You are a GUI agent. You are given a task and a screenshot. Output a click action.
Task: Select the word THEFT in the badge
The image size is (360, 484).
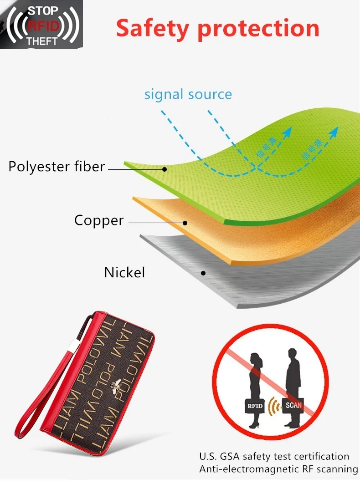click(x=42, y=41)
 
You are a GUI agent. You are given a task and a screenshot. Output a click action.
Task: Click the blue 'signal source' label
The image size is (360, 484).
click(x=188, y=95)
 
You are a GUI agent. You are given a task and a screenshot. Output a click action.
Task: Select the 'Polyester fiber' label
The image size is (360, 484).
click(x=57, y=167)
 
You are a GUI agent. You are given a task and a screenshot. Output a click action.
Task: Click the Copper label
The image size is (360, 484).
click(x=99, y=221)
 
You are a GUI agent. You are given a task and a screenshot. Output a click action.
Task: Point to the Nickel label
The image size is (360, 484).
click(x=124, y=273)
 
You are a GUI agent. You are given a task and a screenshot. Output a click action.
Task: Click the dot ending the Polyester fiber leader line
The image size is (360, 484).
click(x=165, y=169)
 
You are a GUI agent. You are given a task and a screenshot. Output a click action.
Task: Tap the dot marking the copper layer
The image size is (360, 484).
click(x=185, y=223)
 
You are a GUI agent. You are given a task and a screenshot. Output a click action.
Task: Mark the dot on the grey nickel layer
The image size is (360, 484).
click(x=204, y=273)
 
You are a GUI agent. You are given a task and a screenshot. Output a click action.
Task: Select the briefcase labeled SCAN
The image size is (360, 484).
click(x=293, y=405)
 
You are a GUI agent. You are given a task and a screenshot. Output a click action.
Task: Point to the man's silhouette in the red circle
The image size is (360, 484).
click(x=293, y=378)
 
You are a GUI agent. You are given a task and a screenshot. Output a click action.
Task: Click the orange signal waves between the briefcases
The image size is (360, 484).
click(x=273, y=405)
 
